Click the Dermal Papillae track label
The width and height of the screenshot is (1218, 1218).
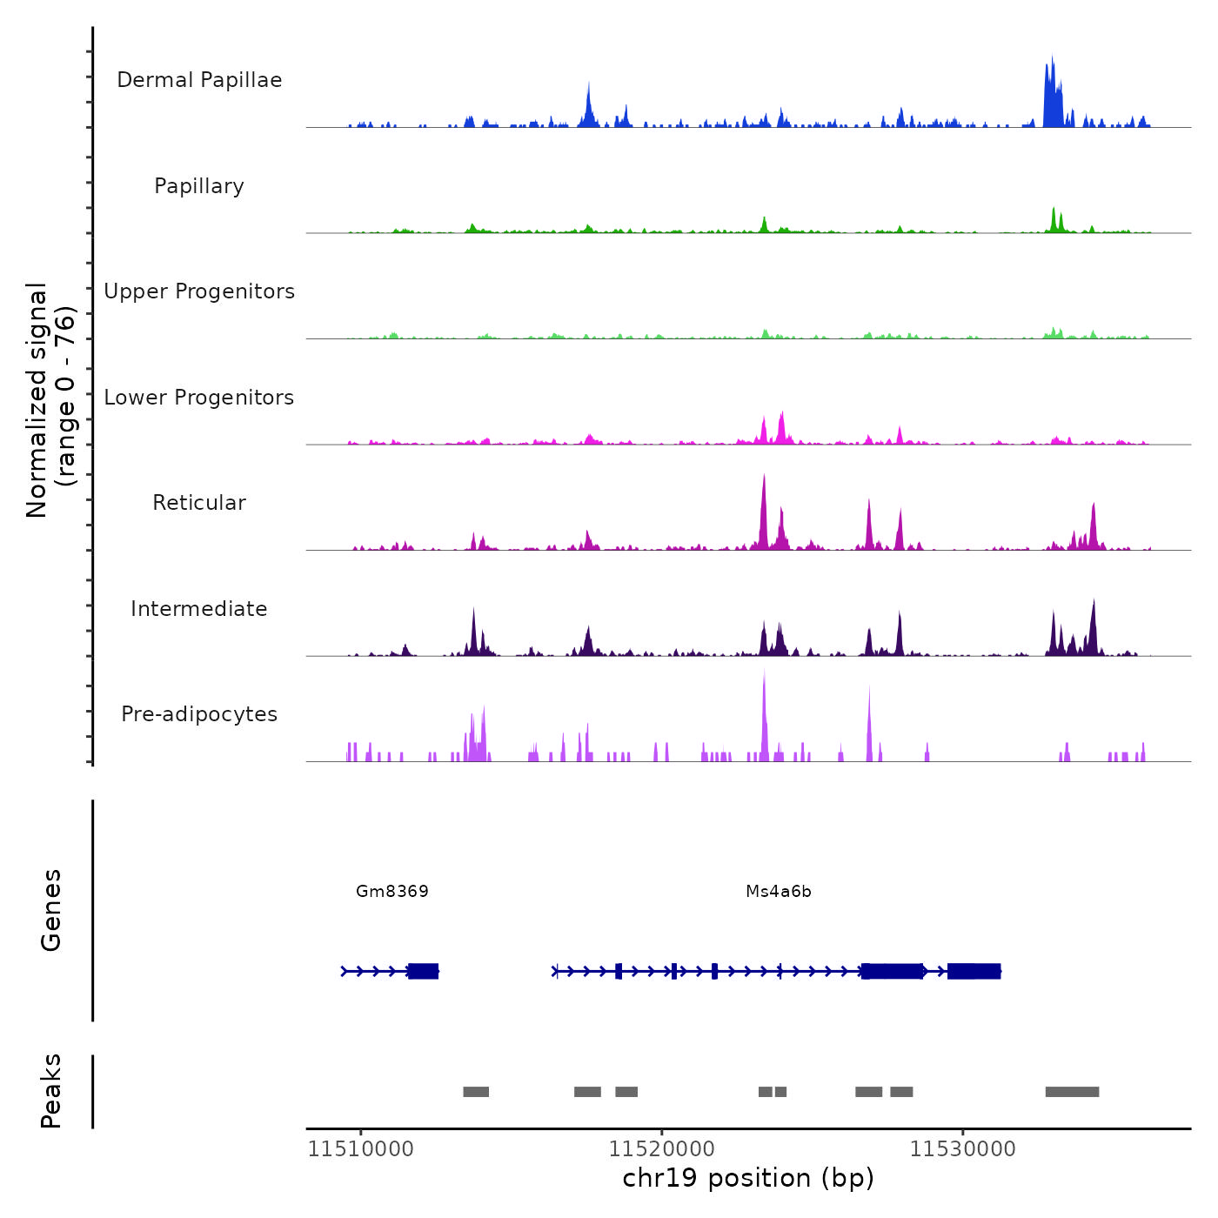199,80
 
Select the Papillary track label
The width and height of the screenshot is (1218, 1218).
199,186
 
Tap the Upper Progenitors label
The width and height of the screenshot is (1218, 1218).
199,291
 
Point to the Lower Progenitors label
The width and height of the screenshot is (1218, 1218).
199,398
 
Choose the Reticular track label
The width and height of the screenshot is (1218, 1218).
199,503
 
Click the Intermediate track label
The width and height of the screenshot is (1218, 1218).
199,609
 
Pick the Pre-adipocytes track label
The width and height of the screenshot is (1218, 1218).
199,714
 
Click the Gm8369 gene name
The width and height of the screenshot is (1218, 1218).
392,891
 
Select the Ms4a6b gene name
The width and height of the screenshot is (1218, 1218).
779,891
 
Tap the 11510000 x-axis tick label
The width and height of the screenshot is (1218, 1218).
361,1149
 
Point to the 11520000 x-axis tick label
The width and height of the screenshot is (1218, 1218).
661,1149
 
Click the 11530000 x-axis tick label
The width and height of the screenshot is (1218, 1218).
962,1149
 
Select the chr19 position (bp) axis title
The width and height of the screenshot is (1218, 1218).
748,1178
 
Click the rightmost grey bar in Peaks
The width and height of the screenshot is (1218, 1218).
1072,1092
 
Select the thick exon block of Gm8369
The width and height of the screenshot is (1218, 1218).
424,971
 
